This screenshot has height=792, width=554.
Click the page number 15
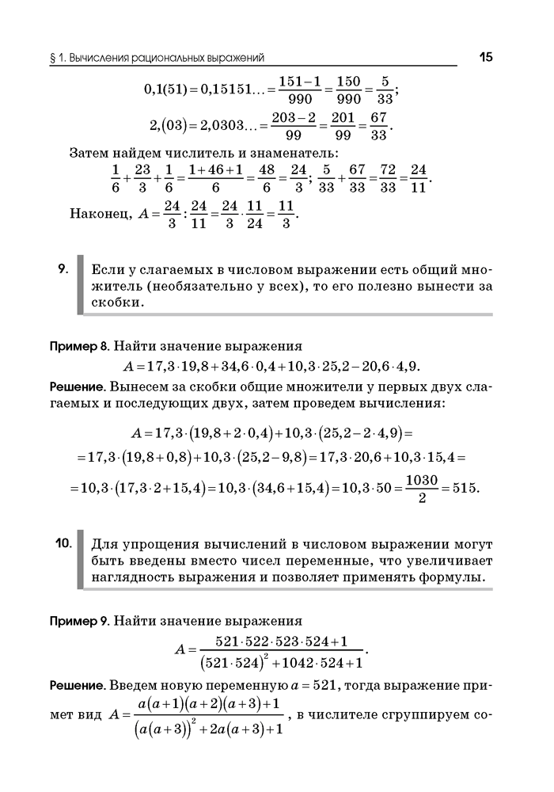486,57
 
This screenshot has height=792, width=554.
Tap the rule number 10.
64,543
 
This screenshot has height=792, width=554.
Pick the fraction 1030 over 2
420,487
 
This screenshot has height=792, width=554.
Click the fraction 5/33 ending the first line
385,90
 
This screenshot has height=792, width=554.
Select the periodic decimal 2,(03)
170,126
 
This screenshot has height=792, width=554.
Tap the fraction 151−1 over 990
294,90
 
